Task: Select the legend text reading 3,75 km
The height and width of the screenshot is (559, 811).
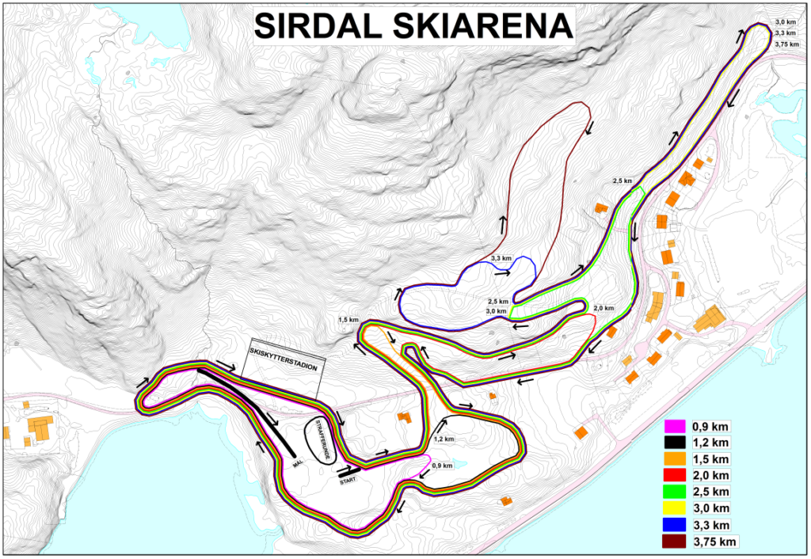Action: [x=715, y=542]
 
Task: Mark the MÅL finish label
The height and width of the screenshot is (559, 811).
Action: [x=298, y=466]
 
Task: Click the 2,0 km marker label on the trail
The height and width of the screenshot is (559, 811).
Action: [x=603, y=308]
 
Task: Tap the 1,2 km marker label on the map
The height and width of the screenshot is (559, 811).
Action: [x=444, y=439]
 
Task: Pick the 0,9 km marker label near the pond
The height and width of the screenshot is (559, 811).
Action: [x=442, y=466]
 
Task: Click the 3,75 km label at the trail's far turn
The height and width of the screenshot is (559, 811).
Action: [x=786, y=44]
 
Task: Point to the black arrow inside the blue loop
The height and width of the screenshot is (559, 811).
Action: [x=502, y=272]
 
